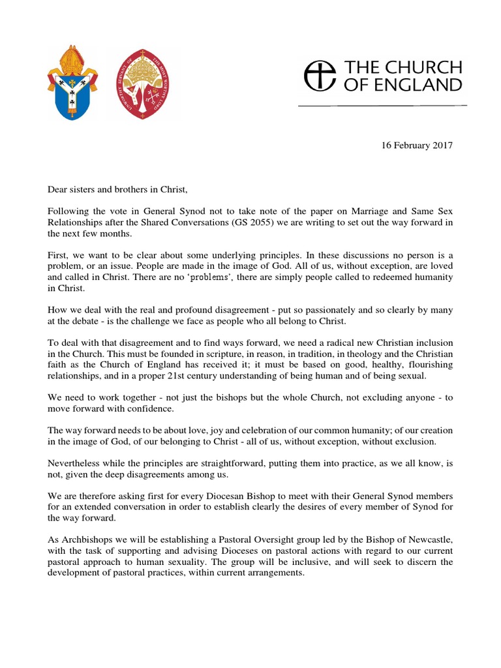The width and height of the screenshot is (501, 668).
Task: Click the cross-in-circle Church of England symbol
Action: point(315,76)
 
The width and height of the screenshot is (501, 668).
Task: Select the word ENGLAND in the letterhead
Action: point(423,84)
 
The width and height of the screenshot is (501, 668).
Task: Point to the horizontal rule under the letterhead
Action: point(382,105)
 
